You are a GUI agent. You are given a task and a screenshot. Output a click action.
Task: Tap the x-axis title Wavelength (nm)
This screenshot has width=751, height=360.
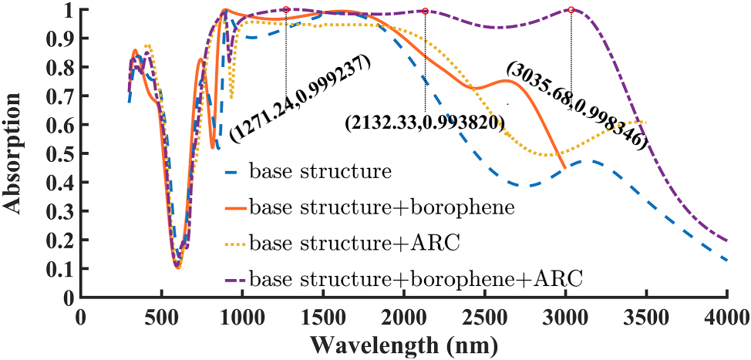403,343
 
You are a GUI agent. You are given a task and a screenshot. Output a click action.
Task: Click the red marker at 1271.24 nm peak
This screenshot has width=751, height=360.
286,10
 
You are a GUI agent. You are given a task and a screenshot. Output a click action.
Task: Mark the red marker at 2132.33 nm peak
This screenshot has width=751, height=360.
426,11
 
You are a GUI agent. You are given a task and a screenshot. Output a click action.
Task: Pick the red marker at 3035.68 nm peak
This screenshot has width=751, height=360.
571,10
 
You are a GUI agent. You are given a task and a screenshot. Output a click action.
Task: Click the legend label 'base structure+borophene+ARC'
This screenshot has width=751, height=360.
419,277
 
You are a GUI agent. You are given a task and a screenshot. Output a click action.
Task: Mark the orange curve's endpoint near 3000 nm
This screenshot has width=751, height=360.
565,167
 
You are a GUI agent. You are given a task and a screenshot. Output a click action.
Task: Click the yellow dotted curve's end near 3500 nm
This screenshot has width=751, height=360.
645,122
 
